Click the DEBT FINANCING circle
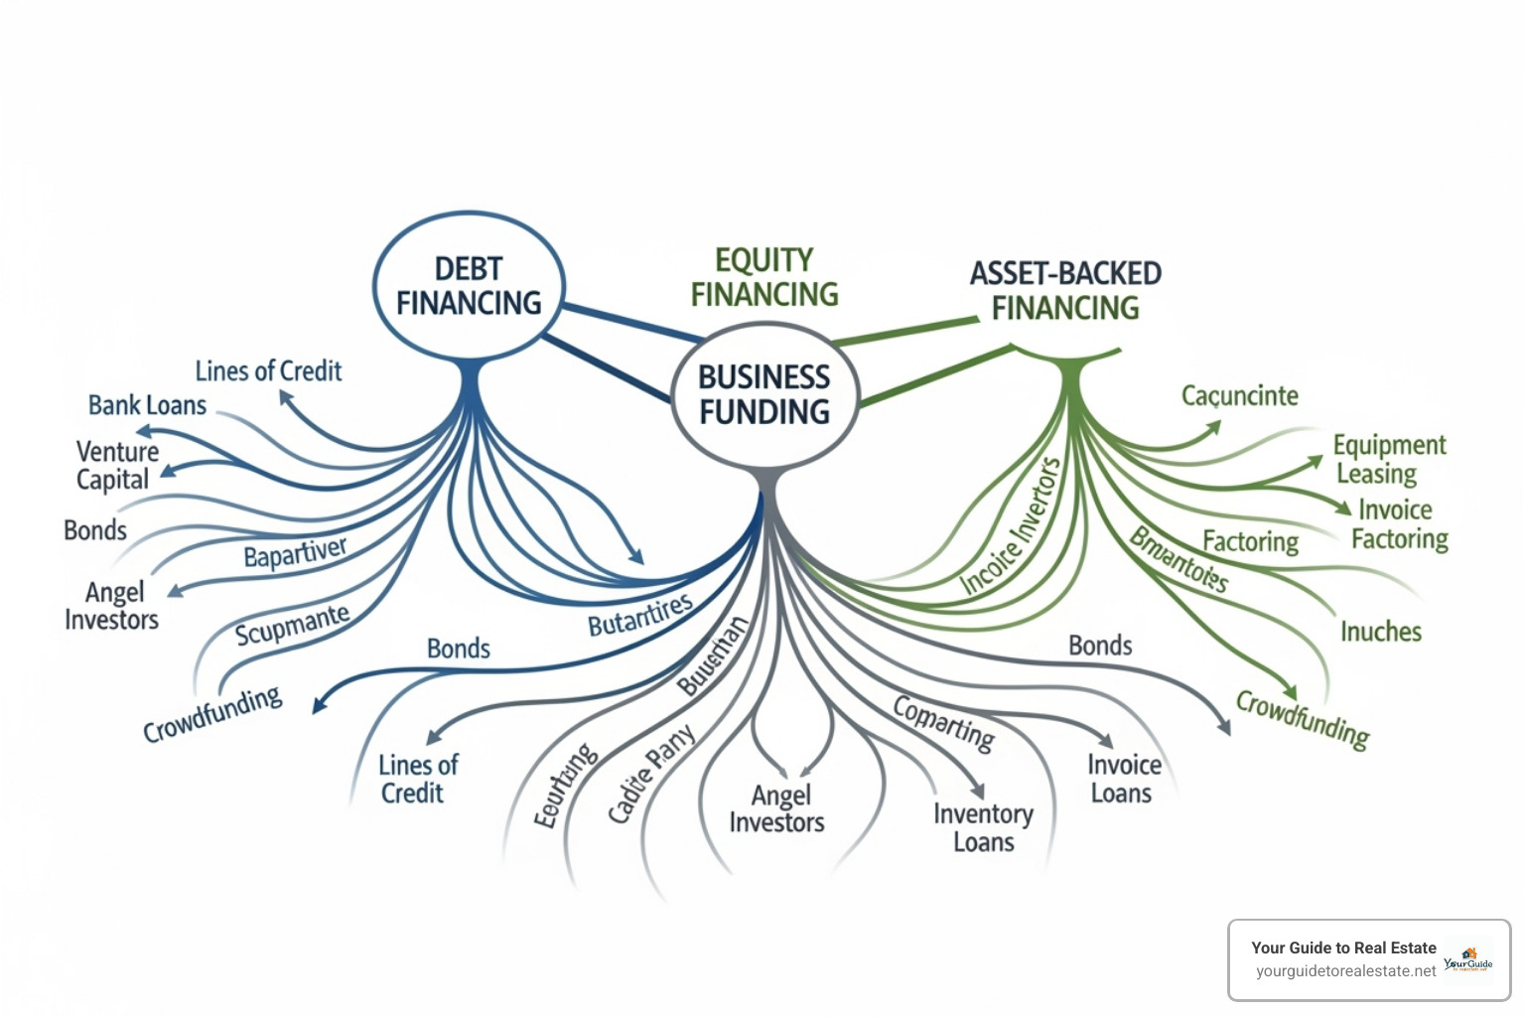point(469,286)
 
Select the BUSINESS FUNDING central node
point(763,394)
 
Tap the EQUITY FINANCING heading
point(764,277)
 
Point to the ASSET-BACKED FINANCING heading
point(1065,290)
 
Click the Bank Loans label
point(147,405)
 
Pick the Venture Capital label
point(116,465)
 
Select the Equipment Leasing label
point(1388,459)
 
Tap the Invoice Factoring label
point(1399,524)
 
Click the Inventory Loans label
point(982,828)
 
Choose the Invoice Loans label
point(1123,779)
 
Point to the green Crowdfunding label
point(1303,719)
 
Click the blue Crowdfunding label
point(212,714)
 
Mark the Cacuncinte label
point(1239,396)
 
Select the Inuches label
point(1380,632)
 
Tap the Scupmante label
point(292,625)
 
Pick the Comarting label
point(943,722)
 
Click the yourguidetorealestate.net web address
point(1345,971)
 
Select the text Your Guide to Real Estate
point(1343,947)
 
